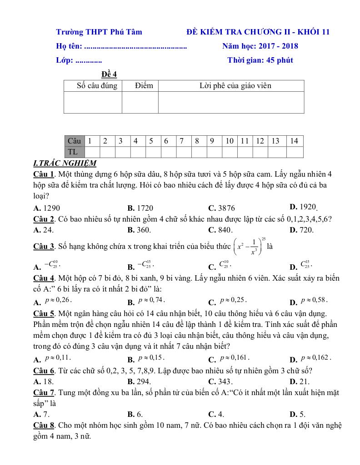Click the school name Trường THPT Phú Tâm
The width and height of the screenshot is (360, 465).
99,32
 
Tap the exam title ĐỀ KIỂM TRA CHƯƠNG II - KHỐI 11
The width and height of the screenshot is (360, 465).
258,32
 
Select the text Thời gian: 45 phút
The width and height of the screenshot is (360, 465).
260,60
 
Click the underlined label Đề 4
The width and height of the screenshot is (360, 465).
109,74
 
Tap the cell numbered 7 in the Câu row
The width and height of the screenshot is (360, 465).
181,141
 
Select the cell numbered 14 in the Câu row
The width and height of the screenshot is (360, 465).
294,141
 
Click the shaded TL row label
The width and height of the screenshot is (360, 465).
73,152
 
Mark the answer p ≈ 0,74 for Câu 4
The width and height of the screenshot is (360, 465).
151,301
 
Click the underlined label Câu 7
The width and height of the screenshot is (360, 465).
44,392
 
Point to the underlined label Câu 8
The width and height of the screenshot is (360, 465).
44,425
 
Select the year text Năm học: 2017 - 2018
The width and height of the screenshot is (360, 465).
260,46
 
